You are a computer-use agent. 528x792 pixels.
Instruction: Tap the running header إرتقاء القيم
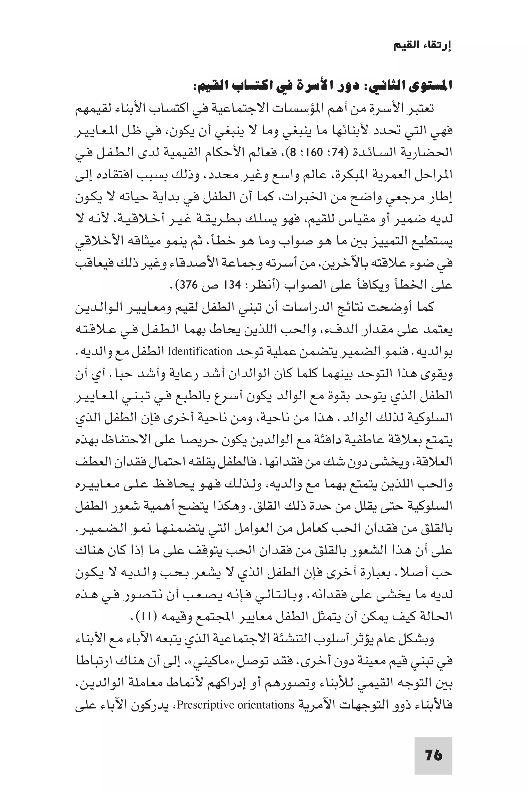pyautogui.click(x=422, y=46)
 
